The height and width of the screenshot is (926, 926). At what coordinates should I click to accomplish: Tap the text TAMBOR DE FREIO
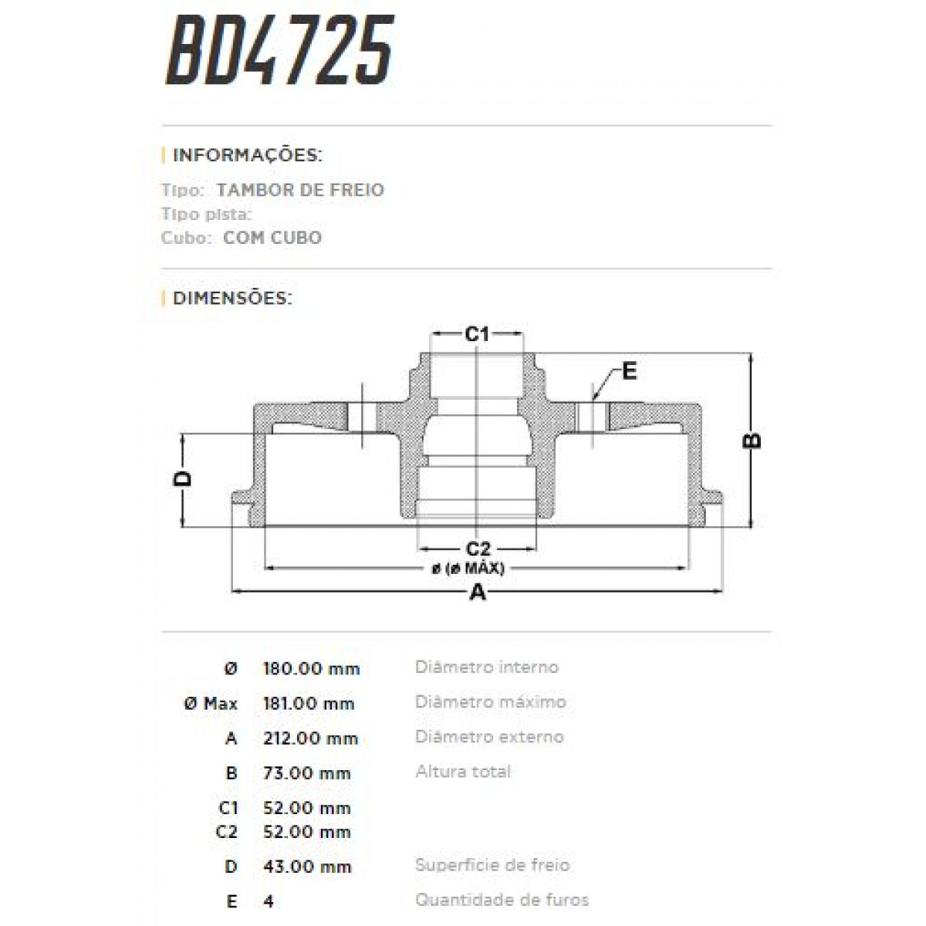300,190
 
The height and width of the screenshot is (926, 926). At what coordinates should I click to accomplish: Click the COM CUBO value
272,237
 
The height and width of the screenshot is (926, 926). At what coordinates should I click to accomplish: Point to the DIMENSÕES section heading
232,298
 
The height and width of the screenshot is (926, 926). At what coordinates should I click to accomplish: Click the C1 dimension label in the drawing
477,333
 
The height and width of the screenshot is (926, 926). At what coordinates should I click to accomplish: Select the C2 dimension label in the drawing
478,549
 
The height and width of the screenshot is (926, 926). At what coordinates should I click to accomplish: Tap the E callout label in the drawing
629,372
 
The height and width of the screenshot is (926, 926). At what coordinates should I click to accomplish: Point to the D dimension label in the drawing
183,478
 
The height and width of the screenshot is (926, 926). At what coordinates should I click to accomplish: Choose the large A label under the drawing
478,593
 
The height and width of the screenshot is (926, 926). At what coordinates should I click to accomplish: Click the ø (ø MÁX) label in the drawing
468,569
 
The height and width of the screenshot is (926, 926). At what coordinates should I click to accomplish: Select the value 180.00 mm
312,668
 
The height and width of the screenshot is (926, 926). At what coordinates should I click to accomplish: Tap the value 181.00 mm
309,703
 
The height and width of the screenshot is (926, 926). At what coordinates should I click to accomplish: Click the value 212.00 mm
310,738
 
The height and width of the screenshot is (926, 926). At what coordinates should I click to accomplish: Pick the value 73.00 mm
306,773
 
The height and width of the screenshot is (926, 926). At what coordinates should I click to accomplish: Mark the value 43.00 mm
306,867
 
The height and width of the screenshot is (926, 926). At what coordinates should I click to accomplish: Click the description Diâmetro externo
489,737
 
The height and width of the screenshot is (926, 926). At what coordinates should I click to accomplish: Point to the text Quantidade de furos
502,900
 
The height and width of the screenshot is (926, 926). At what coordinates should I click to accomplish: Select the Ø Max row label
211,703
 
